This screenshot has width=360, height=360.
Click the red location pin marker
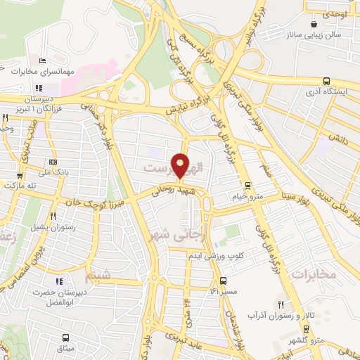(181, 165)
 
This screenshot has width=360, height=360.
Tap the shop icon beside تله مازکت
(19, 176)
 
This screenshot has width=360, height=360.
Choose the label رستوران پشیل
(53, 228)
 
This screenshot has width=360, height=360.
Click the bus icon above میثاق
(66, 338)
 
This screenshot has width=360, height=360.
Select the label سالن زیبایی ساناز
(318, 34)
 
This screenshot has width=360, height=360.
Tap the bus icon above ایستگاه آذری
(326, 81)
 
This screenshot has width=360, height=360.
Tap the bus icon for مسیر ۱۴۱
(224, 280)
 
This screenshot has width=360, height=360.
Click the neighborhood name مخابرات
(313, 273)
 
